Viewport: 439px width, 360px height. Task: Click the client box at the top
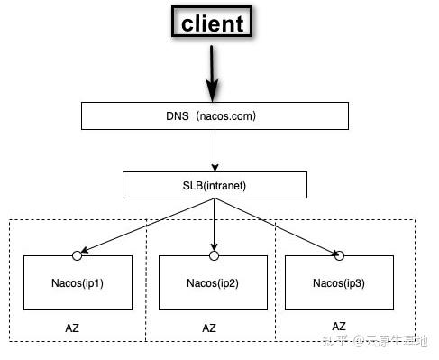[x=213, y=23]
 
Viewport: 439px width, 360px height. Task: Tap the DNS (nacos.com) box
[x=214, y=115]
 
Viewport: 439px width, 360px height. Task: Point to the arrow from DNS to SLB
[x=214, y=150]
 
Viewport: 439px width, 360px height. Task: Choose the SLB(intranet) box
[x=214, y=186]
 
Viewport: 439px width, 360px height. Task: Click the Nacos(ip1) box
[x=78, y=282]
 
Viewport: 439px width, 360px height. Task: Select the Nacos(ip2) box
[x=214, y=282]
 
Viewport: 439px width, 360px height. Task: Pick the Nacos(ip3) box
[x=339, y=282]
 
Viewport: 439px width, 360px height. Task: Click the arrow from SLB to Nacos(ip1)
[x=144, y=226]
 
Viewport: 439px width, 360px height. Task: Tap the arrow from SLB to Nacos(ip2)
[x=214, y=226]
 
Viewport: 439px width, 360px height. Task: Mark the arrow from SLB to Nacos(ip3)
[x=279, y=226]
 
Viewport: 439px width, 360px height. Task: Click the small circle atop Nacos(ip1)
[x=78, y=256]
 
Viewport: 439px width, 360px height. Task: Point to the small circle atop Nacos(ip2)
[x=214, y=256]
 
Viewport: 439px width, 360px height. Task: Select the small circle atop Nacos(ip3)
[x=339, y=256]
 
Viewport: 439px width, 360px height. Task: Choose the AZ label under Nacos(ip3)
[x=339, y=326]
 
